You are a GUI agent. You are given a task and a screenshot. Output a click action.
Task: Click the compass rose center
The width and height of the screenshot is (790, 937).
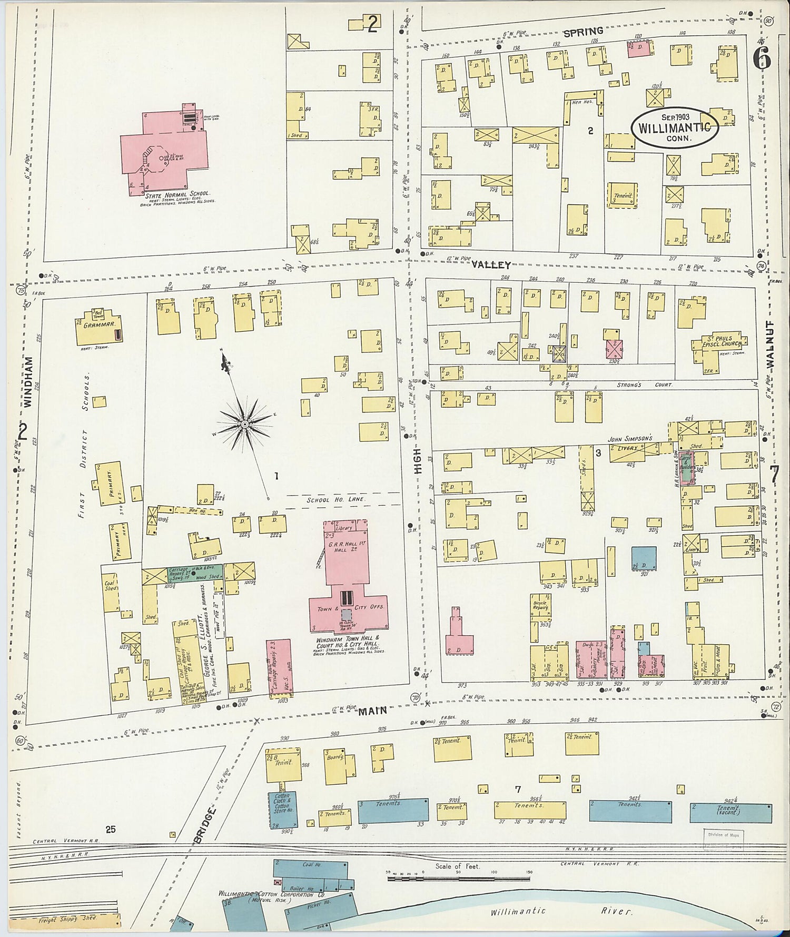click(245, 423)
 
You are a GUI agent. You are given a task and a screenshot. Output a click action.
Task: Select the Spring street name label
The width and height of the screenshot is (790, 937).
click(582, 32)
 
